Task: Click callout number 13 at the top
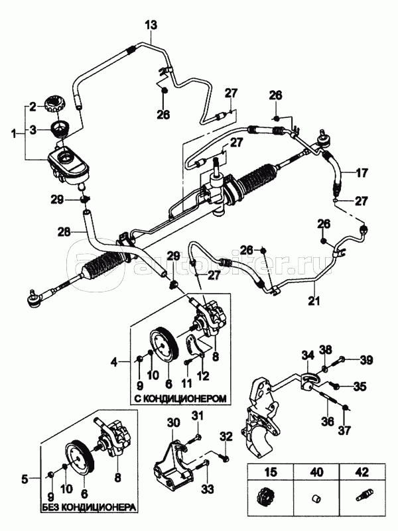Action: [152, 26]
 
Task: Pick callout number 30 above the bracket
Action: [173, 422]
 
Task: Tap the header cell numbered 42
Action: [360, 473]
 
